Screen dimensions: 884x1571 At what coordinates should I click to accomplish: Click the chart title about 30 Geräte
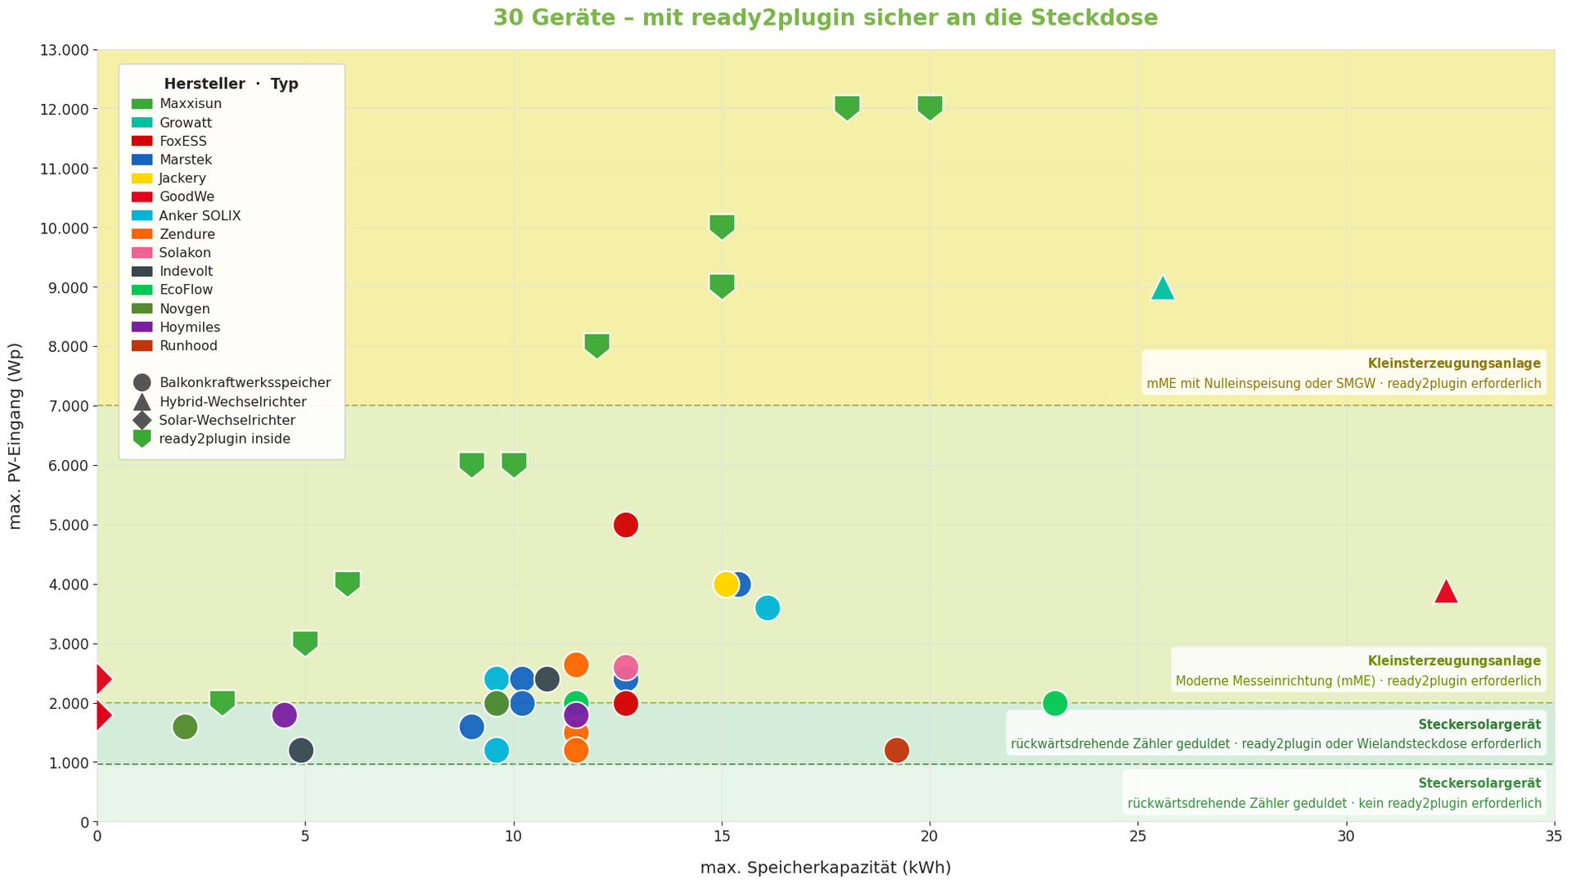pyautogui.click(x=825, y=18)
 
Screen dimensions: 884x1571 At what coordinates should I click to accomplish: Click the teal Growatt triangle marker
pyautogui.click(x=1162, y=289)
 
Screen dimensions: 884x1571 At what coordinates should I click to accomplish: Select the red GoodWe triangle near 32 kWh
pyautogui.click(x=1446, y=592)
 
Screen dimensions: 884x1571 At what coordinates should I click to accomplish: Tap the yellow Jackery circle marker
pyautogui.click(x=725, y=584)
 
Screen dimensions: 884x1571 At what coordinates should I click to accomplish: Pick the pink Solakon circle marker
pyautogui.click(x=625, y=666)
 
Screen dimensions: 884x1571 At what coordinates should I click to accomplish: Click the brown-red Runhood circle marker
pyautogui.click(x=897, y=750)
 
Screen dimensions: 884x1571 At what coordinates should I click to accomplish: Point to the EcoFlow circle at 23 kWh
pyautogui.click(x=1055, y=703)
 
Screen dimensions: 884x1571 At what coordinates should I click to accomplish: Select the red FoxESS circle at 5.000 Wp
pyautogui.click(x=625, y=525)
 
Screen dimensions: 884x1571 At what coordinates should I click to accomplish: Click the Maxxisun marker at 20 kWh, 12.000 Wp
pyautogui.click(x=930, y=107)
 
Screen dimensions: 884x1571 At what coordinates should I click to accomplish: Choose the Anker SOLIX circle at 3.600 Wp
pyautogui.click(x=767, y=608)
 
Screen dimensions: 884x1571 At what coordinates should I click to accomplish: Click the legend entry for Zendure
pyautogui.click(x=187, y=234)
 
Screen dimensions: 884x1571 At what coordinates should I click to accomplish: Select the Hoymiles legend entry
pyautogui.click(x=190, y=327)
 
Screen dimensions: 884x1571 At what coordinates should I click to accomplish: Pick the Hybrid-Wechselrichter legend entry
pyautogui.click(x=232, y=402)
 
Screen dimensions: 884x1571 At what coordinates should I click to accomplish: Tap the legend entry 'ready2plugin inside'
pyautogui.click(x=224, y=439)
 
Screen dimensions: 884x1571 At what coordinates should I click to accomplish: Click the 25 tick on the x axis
pyautogui.click(x=1137, y=837)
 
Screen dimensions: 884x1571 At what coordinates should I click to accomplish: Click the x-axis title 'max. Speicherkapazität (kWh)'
pyautogui.click(x=825, y=868)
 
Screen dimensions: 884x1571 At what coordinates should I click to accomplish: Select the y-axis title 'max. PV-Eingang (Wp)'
pyautogui.click(x=15, y=435)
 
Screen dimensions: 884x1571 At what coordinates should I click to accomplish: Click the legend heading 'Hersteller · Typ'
pyautogui.click(x=231, y=84)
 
